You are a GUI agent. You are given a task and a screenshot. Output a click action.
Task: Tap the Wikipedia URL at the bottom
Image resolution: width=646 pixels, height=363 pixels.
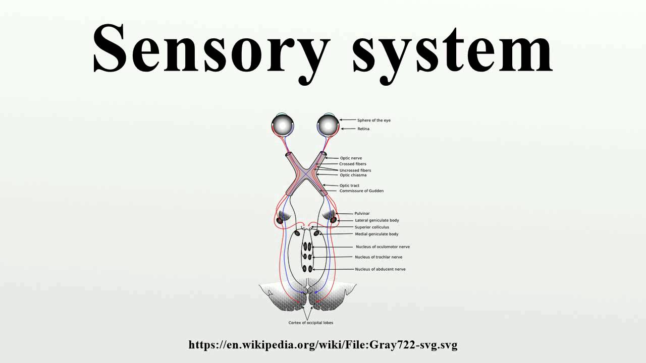(x=323, y=345)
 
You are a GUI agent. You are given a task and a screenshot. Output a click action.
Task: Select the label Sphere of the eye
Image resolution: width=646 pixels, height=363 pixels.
(x=373, y=120)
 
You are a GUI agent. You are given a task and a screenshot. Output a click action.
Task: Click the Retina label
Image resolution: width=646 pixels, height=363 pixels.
(x=363, y=129)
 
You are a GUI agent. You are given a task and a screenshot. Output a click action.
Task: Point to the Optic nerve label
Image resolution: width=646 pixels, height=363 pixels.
(x=351, y=158)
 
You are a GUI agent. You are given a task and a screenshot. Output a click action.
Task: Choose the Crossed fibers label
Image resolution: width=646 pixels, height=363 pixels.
(x=353, y=164)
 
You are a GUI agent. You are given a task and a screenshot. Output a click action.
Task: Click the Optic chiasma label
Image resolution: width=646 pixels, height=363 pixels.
(x=353, y=175)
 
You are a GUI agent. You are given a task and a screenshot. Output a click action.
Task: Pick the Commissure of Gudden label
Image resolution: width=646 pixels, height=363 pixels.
(x=361, y=191)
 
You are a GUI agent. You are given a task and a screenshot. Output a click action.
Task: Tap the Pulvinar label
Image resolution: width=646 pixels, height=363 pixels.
(x=362, y=214)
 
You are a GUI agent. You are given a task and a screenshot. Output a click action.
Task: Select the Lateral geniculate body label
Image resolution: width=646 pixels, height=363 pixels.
(x=376, y=220)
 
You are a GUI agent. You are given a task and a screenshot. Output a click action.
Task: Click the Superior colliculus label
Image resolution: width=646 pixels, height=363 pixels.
(x=371, y=227)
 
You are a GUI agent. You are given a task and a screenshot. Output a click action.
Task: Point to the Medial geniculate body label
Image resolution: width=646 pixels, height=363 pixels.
(x=376, y=234)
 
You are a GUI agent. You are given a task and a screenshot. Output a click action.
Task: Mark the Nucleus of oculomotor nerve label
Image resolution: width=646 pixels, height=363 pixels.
(x=383, y=247)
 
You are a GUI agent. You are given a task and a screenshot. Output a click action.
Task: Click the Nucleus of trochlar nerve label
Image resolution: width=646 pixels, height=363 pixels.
(x=379, y=257)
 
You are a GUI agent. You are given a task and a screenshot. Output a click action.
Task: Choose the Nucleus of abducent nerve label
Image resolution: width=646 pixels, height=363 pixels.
(x=380, y=269)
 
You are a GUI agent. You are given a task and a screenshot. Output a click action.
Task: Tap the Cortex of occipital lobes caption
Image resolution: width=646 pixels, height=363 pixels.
(x=310, y=323)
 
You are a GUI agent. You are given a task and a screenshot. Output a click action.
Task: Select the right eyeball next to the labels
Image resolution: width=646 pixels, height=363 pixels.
(x=328, y=124)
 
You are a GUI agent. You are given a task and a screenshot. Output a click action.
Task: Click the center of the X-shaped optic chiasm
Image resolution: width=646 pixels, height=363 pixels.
(x=306, y=173)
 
